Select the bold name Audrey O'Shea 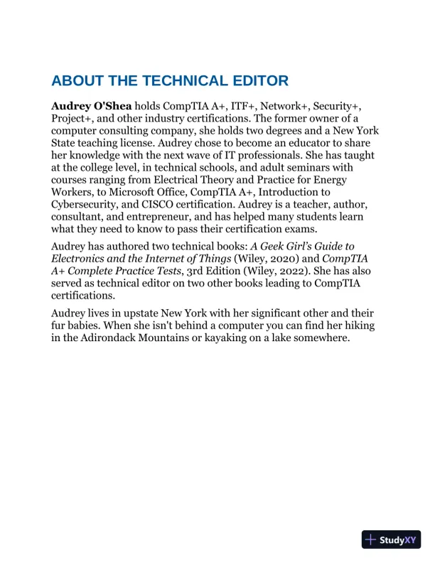click(x=91, y=105)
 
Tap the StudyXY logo click(x=392, y=540)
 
